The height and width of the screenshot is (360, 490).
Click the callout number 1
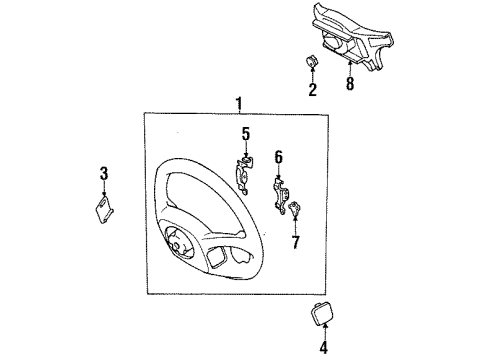tap(238, 104)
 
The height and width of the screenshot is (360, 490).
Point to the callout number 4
tap(324, 349)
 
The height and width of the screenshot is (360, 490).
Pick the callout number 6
tap(279, 156)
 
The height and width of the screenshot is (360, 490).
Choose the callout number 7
tap(294, 241)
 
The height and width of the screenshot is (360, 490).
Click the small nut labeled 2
tap(311, 62)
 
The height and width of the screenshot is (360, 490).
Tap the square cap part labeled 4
tap(324, 314)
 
